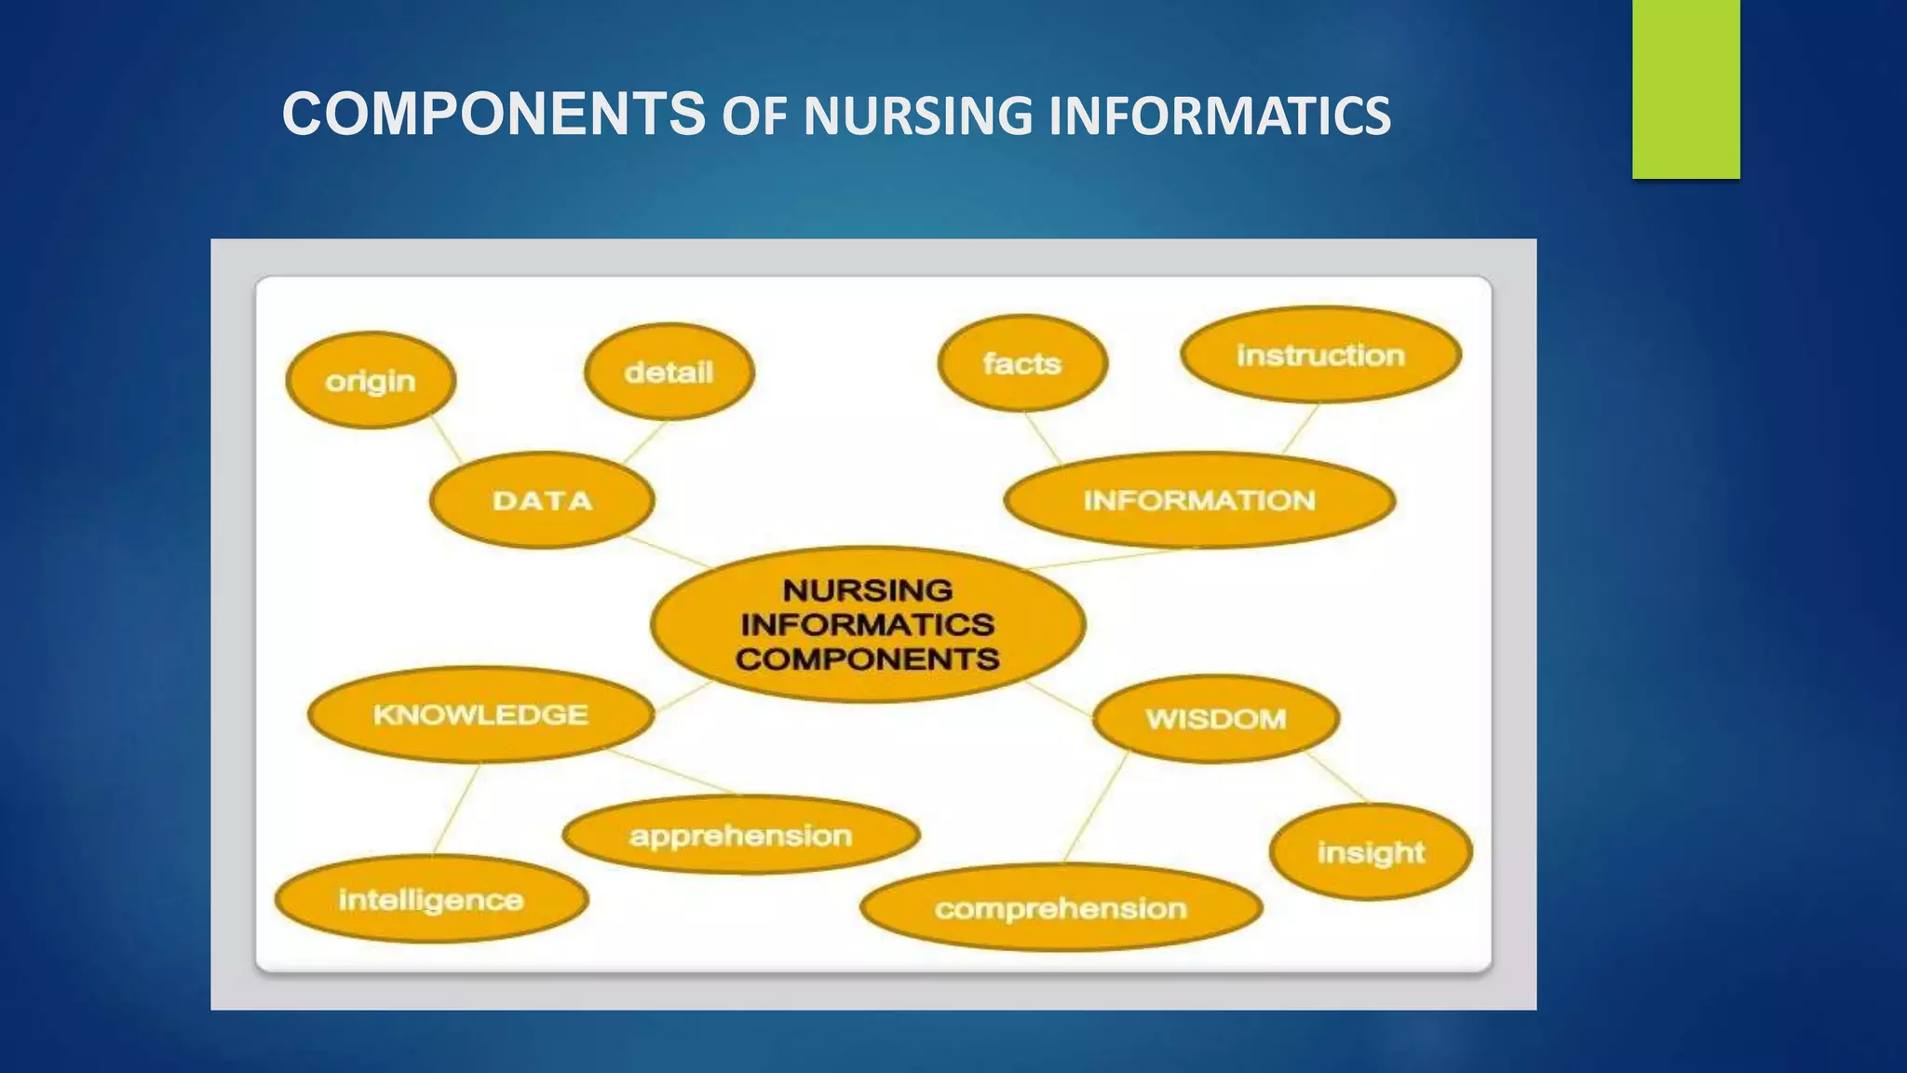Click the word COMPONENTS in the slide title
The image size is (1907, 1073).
(x=494, y=114)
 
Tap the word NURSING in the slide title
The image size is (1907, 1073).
(x=917, y=116)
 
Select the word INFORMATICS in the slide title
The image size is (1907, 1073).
(x=1219, y=116)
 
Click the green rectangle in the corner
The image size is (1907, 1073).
(x=1685, y=88)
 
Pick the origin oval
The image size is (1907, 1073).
(x=371, y=380)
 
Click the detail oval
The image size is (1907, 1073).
(x=669, y=372)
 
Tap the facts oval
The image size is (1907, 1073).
(x=1022, y=363)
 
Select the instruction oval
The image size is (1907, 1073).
(x=1320, y=355)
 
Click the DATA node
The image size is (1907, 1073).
(x=542, y=500)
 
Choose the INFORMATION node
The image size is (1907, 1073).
(x=1199, y=500)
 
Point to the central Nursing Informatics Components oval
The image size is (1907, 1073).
(x=868, y=624)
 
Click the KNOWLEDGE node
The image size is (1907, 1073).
(x=480, y=714)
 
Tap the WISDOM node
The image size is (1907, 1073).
(x=1216, y=718)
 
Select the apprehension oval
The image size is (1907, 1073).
(x=741, y=835)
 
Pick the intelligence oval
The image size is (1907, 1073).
(x=431, y=899)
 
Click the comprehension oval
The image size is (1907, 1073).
(x=1061, y=907)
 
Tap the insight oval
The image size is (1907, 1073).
(x=1371, y=851)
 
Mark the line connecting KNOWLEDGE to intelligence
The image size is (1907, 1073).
(x=457, y=808)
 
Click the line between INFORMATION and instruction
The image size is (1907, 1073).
(x=1301, y=428)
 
